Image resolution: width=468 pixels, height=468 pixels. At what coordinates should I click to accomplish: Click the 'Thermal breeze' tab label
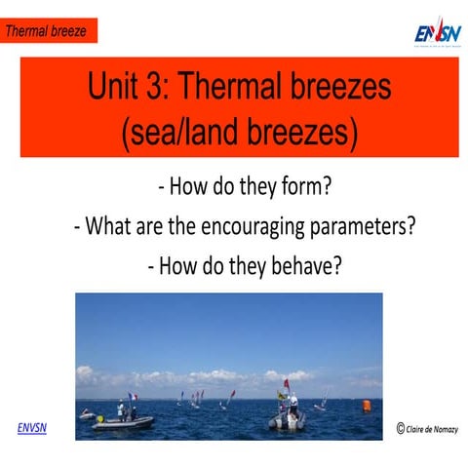[x=46, y=31]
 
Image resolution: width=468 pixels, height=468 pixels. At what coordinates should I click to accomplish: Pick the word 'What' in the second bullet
[x=109, y=227]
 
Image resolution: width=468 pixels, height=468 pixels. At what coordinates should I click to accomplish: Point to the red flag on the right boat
[x=286, y=382]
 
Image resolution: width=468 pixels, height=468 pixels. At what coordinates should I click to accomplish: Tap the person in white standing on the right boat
[x=293, y=403]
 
